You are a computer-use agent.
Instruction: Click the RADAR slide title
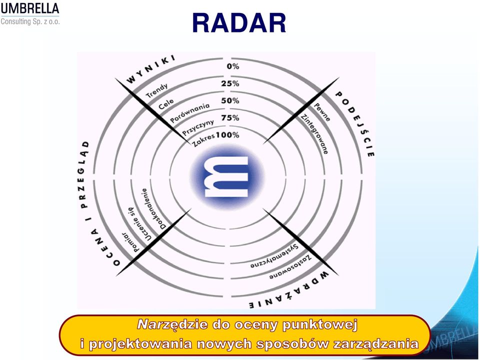click(x=239, y=23)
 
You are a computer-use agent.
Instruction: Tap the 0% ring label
click(x=233, y=66)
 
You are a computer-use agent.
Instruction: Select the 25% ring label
click(x=230, y=83)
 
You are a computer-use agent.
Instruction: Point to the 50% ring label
click(x=230, y=100)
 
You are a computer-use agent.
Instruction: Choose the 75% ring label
click(x=230, y=117)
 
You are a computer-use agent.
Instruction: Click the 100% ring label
click(x=228, y=134)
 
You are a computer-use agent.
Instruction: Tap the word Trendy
click(x=157, y=90)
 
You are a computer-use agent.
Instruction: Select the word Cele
click(x=166, y=104)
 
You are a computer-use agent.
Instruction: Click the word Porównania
click(x=190, y=112)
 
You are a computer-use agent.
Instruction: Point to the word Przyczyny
click(x=198, y=127)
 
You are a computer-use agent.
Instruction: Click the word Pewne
click(x=322, y=112)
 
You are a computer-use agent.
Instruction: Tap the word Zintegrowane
click(x=314, y=134)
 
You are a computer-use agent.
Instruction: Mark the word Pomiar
click(x=131, y=242)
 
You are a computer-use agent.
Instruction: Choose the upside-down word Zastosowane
click(x=290, y=267)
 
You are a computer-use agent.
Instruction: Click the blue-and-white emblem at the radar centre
click(x=227, y=176)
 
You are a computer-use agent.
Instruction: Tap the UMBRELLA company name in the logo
click(x=29, y=8)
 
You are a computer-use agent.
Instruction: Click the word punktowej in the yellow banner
click(x=320, y=324)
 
